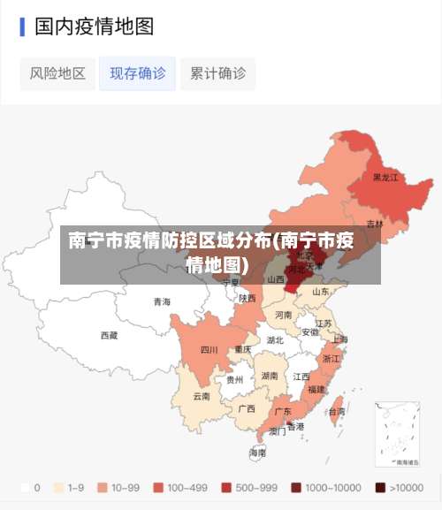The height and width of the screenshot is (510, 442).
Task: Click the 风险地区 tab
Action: point(57,73)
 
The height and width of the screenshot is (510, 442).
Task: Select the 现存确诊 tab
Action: point(137,73)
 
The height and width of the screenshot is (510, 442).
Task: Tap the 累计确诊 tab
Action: point(217,73)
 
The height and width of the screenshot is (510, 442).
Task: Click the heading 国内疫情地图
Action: point(94,27)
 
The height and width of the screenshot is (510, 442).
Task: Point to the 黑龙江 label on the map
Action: point(385,177)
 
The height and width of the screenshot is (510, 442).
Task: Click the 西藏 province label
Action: point(109,335)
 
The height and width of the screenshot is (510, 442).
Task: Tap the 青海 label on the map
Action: point(162,301)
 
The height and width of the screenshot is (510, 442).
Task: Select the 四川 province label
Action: point(209,349)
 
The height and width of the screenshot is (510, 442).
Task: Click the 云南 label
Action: point(202,396)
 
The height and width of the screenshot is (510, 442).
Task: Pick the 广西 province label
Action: point(247,408)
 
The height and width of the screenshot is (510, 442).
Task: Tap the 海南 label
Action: point(257,452)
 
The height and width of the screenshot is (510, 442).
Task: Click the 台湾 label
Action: point(337,411)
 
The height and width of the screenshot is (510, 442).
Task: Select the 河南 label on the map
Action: point(283,314)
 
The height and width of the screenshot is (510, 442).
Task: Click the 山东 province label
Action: point(320,292)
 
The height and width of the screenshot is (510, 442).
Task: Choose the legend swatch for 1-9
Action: point(59,487)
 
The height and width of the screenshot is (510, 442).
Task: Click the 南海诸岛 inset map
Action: point(397,433)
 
